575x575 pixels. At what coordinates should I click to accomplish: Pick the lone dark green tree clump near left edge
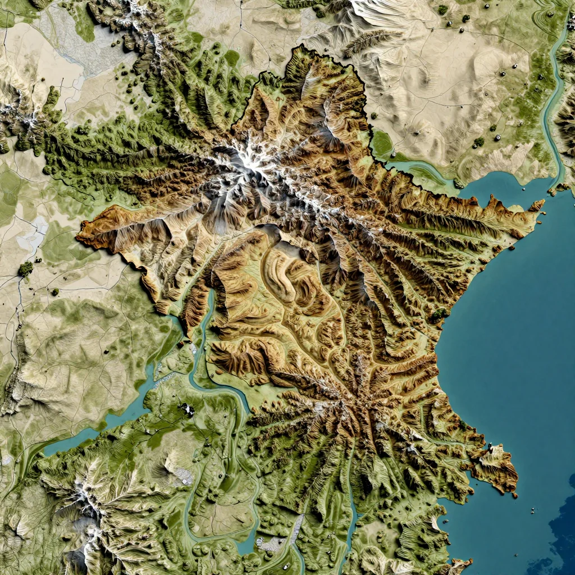coord(25,269)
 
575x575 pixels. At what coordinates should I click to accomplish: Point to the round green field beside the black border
coord(382,143)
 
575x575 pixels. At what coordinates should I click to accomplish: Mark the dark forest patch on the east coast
coord(439,314)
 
